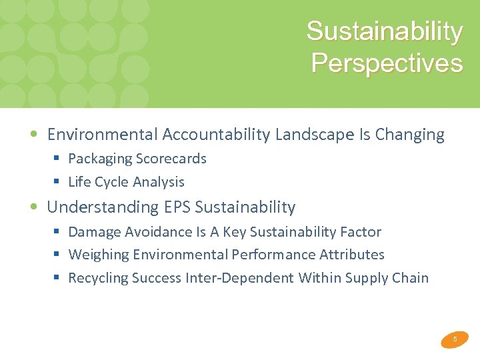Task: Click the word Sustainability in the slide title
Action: point(384,31)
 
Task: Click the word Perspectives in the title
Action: point(387,63)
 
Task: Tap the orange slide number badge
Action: point(455,339)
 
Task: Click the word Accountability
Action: point(215,135)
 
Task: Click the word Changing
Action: point(409,135)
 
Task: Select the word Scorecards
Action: point(171,159)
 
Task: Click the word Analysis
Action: point(159,182)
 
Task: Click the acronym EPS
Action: point(177,207)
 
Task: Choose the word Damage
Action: point(93,232)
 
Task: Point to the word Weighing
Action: point(98,255)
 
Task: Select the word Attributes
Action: point(351,255)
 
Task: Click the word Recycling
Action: point(98,278)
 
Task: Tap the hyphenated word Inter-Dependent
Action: point(239,278)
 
